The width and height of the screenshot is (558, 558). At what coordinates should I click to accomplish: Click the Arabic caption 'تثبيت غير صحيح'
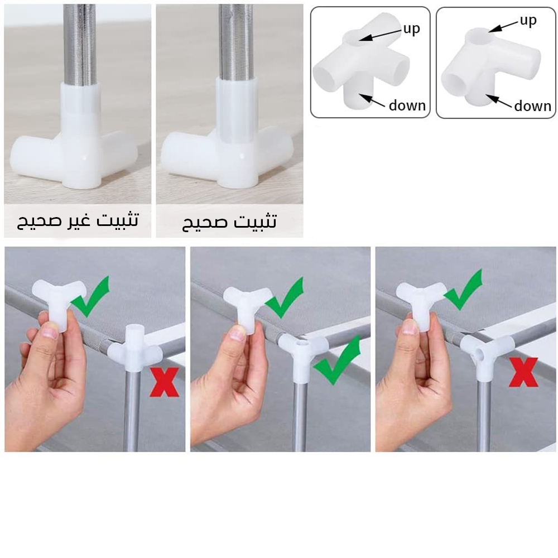(x=78, y=220)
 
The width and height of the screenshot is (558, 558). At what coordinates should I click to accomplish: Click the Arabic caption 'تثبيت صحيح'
(x=229, y=222)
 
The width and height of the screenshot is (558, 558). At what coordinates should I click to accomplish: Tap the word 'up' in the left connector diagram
(x=412, y=28)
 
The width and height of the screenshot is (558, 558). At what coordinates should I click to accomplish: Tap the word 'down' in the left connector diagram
(x=407, y=105)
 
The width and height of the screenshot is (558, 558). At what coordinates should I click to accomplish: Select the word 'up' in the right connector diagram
(x=528, y=21)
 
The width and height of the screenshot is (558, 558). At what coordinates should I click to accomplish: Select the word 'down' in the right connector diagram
(x=533, y=105)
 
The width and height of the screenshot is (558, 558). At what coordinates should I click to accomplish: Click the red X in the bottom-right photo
(x=523, y=372)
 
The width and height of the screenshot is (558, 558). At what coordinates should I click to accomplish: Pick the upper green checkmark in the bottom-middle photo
(x=285, y=297)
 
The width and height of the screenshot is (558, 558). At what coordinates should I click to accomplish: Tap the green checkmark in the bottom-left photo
(x=90, y=296)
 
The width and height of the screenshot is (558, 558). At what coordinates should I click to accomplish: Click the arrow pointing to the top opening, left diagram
(x=380, y=35)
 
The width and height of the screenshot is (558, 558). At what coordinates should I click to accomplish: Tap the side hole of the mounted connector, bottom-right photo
(x=480, y=354)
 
